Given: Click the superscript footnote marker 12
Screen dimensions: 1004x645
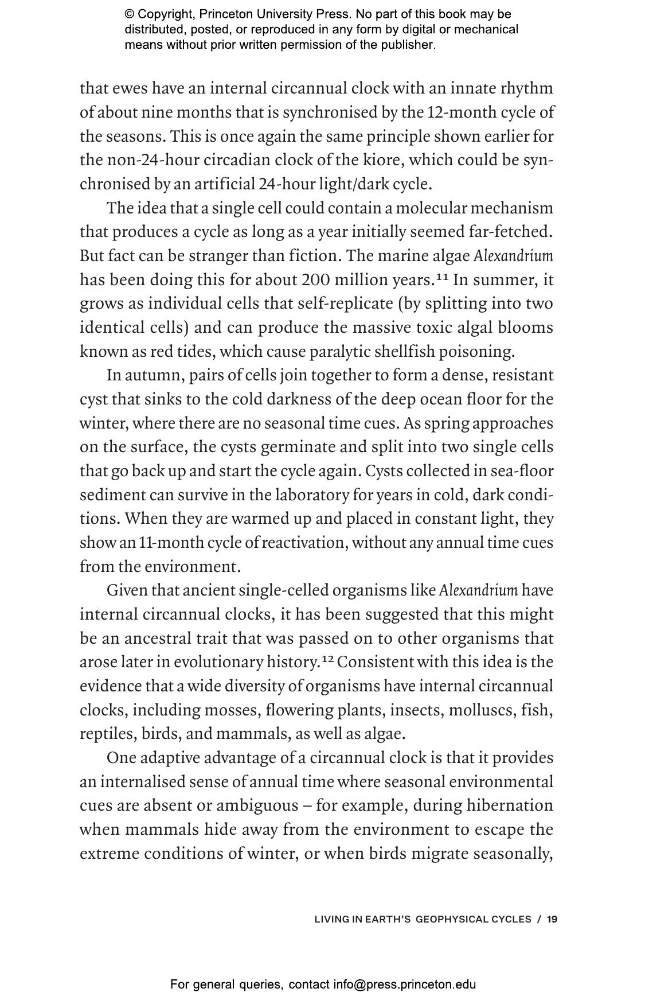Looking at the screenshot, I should pos(327,659).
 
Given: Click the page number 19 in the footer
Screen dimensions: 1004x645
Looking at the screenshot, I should pos(552,920).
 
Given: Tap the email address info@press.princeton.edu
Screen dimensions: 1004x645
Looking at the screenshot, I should pos(405,985).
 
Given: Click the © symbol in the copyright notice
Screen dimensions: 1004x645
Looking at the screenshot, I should pos(130,14).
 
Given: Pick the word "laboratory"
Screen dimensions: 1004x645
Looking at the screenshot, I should pos(316,495).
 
